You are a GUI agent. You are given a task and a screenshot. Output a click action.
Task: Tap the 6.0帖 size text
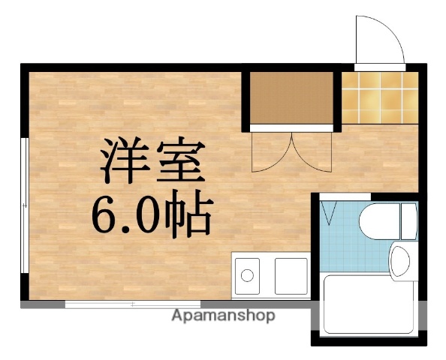click(152, 214)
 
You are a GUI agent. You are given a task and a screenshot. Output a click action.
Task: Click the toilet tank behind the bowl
click(408, 220)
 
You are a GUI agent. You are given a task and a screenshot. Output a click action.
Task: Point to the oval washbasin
click(399, 263)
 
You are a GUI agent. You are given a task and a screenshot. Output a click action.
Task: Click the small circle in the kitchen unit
click(246, 276)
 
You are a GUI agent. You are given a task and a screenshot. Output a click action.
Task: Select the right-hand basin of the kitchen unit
click(291, 275)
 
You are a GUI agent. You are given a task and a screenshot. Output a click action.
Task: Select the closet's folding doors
click(291, 151)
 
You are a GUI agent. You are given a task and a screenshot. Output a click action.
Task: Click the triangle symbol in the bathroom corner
click(330, 213)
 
